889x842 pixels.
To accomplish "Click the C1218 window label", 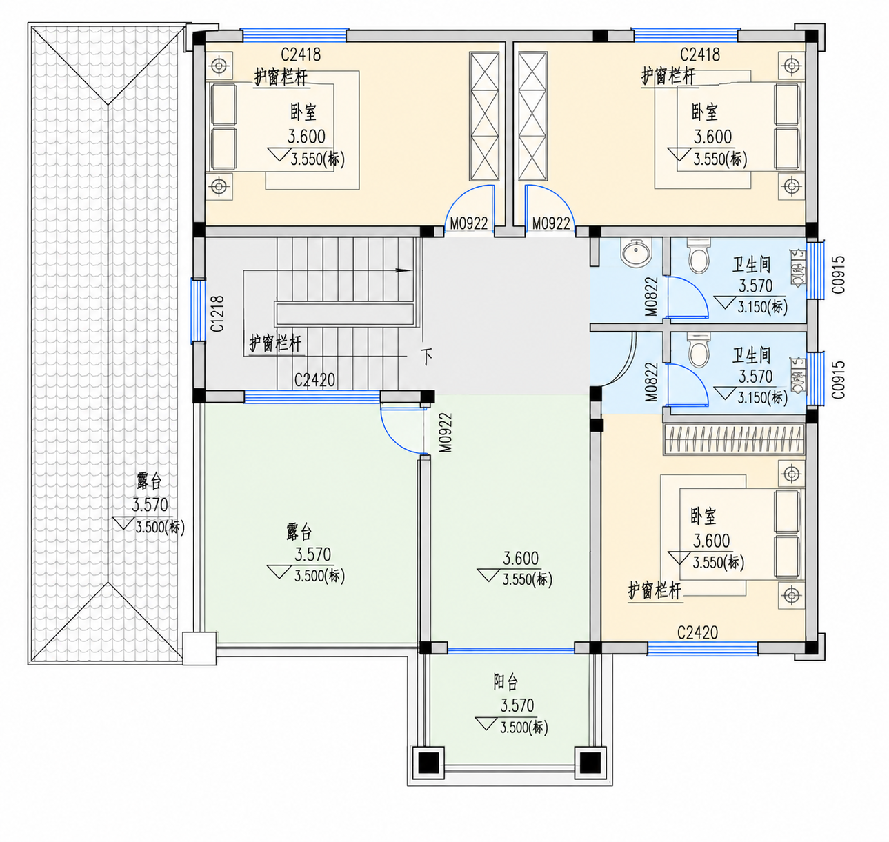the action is coord(217,313).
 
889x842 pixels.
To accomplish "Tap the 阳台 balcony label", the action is coord(505,682).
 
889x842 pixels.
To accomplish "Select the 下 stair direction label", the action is coord(426,357).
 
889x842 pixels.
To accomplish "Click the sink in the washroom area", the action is coord(636,253).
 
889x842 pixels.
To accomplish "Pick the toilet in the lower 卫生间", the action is coord(699,349).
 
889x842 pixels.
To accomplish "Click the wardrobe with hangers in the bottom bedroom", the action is coord(734,439).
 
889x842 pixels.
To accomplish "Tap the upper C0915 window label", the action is coord(838,274).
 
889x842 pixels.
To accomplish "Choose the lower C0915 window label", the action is coord(838,379).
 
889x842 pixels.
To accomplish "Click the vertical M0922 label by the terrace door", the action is coord(446,433).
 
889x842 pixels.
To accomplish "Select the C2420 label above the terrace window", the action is coord(314,380).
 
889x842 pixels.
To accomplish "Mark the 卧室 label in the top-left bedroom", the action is coord(303,112).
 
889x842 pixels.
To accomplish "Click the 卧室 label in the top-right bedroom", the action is coord(704,112).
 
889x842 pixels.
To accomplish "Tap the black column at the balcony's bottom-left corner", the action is coord(428,763).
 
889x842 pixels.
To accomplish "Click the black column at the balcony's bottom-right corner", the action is coord(590,763).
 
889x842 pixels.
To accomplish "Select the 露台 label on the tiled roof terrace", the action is coord(149,481).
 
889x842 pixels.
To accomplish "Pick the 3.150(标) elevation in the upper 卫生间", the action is coord(762,307).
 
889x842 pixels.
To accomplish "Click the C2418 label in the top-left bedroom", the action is coord(301,54).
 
